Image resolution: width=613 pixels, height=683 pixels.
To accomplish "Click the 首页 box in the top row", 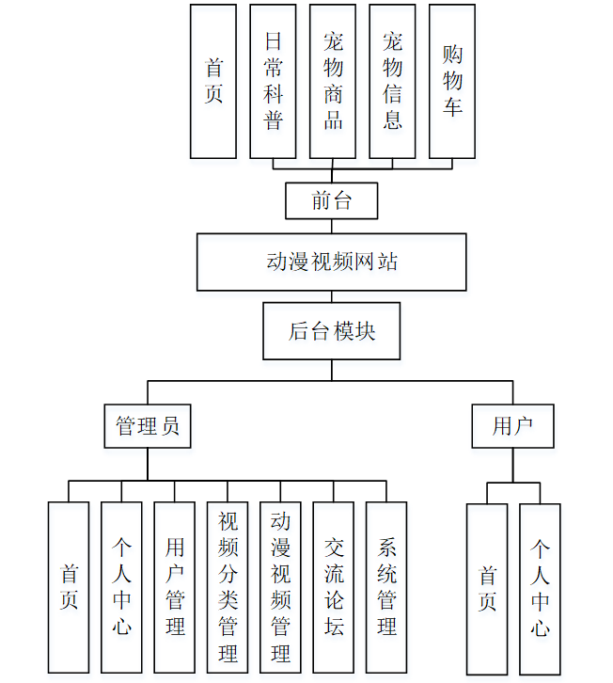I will click(213, 81).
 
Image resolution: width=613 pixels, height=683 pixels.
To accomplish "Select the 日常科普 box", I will click(273, 81).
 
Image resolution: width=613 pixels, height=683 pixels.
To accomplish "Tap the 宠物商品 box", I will click(333, 81).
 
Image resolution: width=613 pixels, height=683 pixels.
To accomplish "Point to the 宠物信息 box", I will click(392, 81).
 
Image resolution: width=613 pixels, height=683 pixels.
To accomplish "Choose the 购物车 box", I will click(452, 81).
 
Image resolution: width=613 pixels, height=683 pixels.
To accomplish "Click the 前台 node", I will click(332, 200).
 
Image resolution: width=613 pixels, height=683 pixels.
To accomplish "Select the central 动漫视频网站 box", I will click(332, 262).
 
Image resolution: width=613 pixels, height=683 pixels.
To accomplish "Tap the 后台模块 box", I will click(332, 331).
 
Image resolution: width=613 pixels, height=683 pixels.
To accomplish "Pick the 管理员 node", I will click(147, 426).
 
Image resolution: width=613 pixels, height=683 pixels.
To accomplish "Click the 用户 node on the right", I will click(512, 426).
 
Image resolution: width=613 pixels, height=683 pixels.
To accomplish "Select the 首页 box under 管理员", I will click(69, 587).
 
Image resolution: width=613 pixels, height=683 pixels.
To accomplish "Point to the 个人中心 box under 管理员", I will click(121, 587).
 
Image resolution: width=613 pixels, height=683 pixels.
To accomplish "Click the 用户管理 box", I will click(175, 587).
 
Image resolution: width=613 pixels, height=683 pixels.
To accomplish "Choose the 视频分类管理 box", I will click(228, 587).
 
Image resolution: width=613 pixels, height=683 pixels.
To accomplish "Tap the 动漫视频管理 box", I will click(280, 587).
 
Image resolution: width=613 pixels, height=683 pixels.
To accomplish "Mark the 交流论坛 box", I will click(334, 587).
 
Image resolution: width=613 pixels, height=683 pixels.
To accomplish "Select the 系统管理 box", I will click(386, 587).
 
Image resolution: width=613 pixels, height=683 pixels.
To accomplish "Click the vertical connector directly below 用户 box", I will click(512, 465).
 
